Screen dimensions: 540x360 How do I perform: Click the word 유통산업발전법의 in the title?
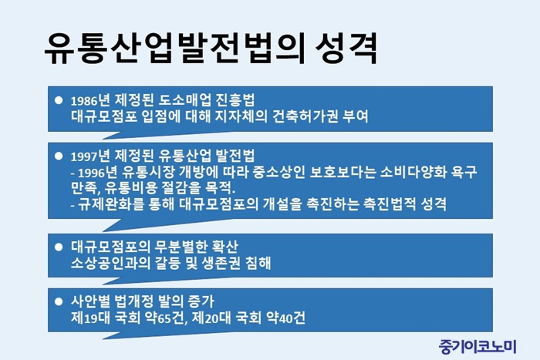174,49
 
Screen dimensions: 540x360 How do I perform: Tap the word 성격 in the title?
346,49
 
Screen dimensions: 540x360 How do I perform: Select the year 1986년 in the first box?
89,100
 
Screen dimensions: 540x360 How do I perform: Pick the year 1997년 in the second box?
89,156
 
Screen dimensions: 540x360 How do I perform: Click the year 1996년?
97,173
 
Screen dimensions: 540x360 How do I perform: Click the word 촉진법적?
389,204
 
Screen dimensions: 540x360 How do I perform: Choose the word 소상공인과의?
110,263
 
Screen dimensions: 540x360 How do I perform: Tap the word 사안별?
89,301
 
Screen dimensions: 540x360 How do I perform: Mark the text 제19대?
89,318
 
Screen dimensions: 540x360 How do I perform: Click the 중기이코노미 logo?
478,346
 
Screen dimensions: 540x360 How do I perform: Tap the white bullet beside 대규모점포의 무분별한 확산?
59,247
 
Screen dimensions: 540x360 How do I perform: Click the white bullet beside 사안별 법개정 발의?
59,301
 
